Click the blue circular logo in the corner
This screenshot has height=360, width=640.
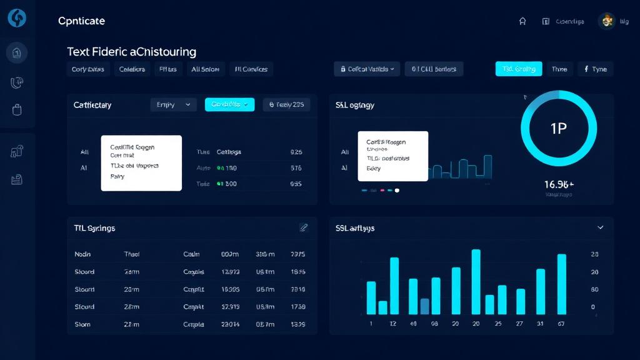pyautogui.click(x=17, y=18)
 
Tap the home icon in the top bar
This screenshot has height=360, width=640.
pyautogui.click(x=522, y=21)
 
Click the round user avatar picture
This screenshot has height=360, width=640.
pyautogui.click(x=606, y=21)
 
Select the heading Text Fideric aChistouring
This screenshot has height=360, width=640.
pyautogui.click(x=131, y=52)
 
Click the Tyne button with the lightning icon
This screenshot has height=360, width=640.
pyautogui.click(x=595, y=69)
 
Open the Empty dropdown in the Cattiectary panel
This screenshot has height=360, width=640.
pyautogui.click(x=173, y=105)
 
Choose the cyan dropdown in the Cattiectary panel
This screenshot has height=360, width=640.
pyautogui.click(x=230, y=105)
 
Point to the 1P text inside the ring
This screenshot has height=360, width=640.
pyautogui.click(x=558, y=129)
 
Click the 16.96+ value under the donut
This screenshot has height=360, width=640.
pyautogui.click(x=559, y=184)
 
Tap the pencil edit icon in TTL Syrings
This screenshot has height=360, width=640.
pyautogui.click(x=304, y=228)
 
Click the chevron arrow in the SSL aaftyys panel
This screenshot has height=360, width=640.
pyautogui.click(x=601, y=228)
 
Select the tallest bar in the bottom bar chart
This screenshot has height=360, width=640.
pyautogui.click(x=476, y=281)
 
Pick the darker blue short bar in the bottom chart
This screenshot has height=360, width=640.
pyautogui.click(x=425, y=306)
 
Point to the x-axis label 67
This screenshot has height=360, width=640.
pyautogui.click(x=561, y=324)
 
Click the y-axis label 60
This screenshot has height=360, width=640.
pyautogui.click(x=594, y=289)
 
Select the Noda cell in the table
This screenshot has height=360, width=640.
pyautogui.click(x=82, y=254)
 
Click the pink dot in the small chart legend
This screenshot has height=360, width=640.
pyautogui.click(x=381, y=190)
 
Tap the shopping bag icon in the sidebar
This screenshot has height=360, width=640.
pyautogui.click(x=17, y=110)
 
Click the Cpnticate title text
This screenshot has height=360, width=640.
pyautogui.click(x=81, y=21)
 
